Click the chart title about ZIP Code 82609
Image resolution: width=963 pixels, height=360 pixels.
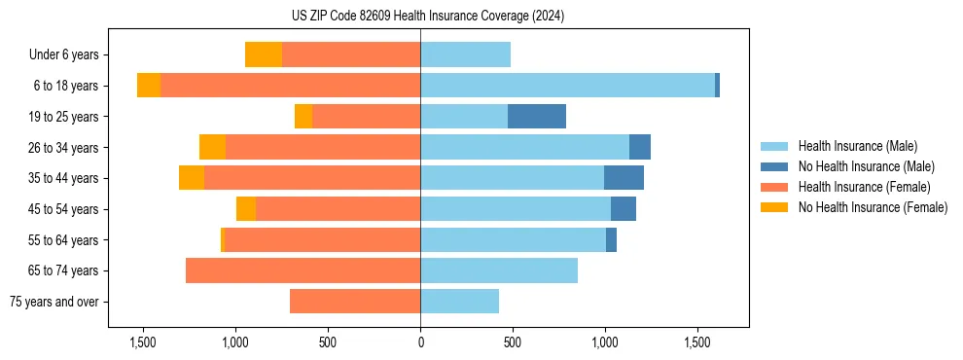pyautogui.click(x=420, y=17)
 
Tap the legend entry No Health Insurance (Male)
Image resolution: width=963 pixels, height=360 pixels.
pyautogui.click(x=866, y=166)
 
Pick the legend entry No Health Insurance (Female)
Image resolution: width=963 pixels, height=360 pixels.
pyautogui.click(x=873, y=207)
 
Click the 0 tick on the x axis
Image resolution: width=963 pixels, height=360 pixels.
pyautogui.click(x=420, y=342)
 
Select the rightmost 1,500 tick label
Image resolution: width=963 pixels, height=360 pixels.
pyautogui.click(x=697, y=342)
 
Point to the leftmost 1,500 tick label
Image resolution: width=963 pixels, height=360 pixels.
pyautogui.click(x=143, y=342)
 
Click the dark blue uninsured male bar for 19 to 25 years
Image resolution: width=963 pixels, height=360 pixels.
pyautogui.click(x=537, y=117)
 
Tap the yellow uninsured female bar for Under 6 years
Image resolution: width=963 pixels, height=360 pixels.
pyautogui.click(x=264, y=54)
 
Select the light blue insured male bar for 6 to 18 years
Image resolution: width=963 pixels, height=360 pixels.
pyautogui.click(x=567, y=86)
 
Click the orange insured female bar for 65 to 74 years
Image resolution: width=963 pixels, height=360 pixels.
pyautogui.click(x=303, y=270)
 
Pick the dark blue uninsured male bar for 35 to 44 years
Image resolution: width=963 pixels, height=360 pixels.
pyautogui.click(x=624, y=178)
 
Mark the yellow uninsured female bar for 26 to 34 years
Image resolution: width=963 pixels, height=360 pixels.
pyautogui.click(x=212, y=147)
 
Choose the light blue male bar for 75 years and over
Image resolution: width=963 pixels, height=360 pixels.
pyautogui.click(x=459, y=302)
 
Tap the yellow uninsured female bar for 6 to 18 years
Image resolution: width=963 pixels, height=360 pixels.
pyautogui.click(x=149, y=86)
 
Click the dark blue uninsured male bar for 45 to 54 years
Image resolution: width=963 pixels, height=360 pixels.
pyautogui.click(x=624, y=209)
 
